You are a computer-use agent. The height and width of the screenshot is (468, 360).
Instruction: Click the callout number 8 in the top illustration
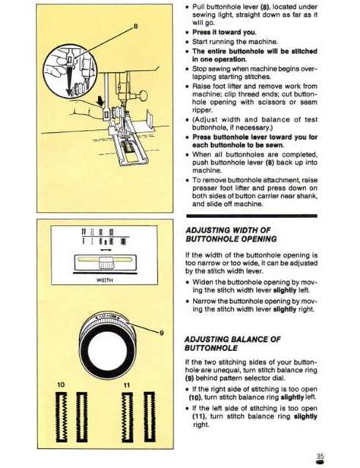coord(136,27)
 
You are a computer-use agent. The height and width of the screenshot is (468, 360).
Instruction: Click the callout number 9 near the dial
coord(161,332)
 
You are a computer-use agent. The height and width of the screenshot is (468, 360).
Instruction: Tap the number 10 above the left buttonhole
coord(60,386)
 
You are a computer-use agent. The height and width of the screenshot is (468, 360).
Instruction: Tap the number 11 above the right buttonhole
coord(128,386)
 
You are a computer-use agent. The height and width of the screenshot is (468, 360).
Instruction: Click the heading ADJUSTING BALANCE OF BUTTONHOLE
coord(233,343)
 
